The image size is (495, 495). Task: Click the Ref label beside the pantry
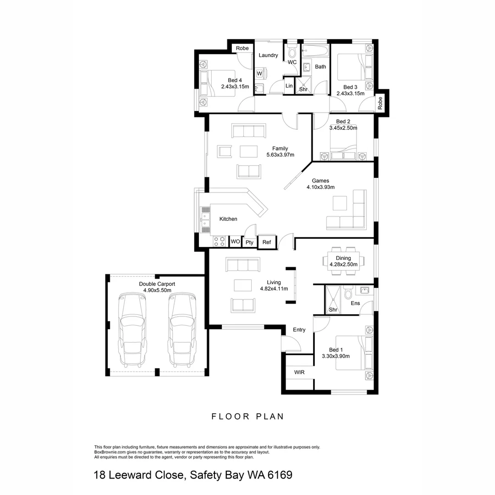(x=267, y=242)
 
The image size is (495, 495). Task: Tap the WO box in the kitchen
(x=235, y=241)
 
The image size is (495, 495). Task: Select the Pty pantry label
(x=249, y=242)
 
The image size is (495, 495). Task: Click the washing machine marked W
(x=259, y=73)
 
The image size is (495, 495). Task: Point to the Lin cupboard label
(x=289, y=86)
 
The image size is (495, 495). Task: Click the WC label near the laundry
(x=292, y=62)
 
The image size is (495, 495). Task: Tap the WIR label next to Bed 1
(x=299, y=372)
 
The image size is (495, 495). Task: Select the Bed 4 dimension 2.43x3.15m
(x=235, y=87)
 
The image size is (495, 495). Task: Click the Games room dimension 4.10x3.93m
(x=320, y=187)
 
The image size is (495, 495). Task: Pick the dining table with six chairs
(x=346, y=261)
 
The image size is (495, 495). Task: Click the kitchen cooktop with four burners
(x=219, y=241)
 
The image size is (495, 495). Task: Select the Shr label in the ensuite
(x=333, y=310)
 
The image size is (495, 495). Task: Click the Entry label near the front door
(x=299, y=330)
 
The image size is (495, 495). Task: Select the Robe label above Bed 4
(x=242, y=48)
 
